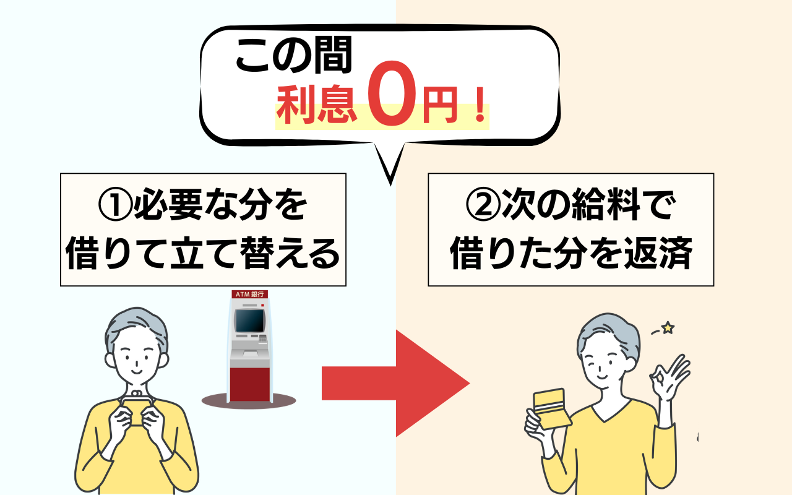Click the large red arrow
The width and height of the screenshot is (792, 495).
tap(396, 384)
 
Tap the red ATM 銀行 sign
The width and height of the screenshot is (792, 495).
tap(249, 294)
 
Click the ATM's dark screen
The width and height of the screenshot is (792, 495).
tap(250, 321)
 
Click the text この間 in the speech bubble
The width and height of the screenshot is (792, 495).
tap(293, 55)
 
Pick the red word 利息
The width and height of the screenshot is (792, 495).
tap(316, 105)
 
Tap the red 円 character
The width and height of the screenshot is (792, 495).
tap(440, 105)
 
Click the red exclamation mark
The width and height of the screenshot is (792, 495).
tap(480, 105)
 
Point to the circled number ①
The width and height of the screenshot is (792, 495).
tap(115, 205)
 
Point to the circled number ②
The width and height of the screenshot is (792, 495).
tap(483, 205)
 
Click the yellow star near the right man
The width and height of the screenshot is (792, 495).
tap(668, 328)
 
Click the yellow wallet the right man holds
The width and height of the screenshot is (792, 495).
tap(551, 409)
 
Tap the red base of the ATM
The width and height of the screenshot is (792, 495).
tap(250, 384)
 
